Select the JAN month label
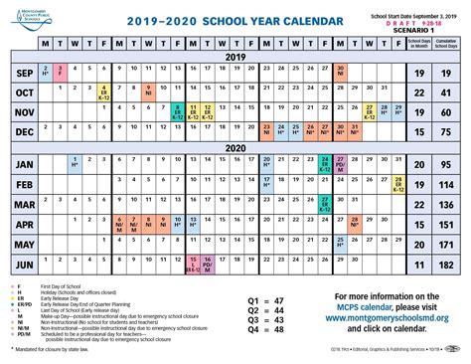coord(20,163)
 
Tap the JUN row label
coord(20,267)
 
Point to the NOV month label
coord(20,111)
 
